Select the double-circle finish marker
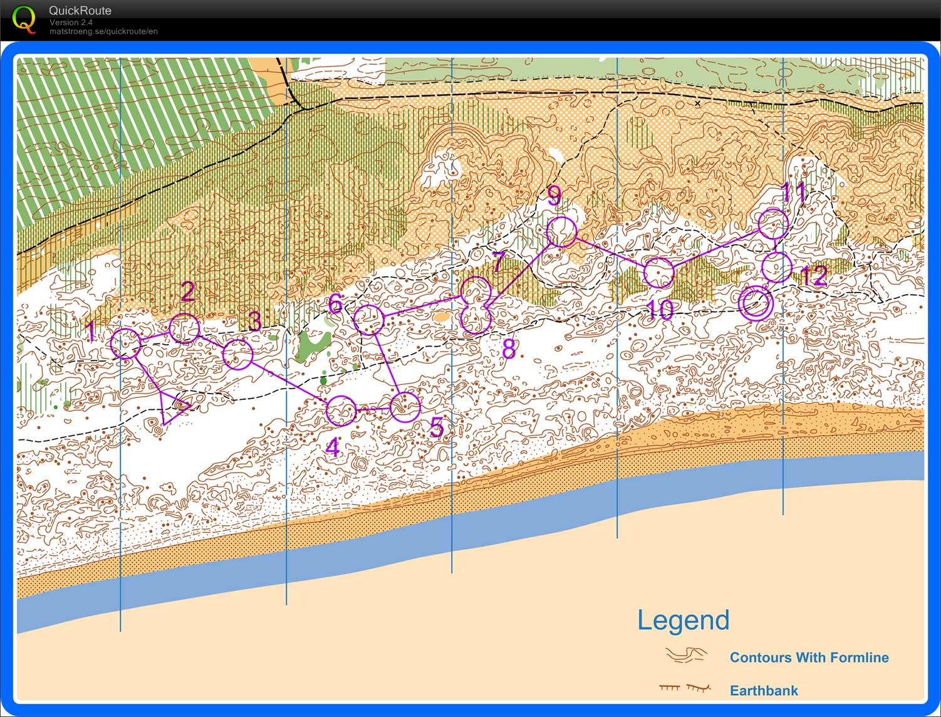[756, 303]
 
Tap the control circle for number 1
[126, 343]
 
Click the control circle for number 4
[341, 411]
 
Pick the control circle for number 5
[405, 407]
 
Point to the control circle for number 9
[561, 233]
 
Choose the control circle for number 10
[659, 273]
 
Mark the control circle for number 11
[773, 224]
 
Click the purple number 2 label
[187, 291]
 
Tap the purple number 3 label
[254, 322]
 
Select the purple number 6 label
[335, 304]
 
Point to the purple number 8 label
[509, 349]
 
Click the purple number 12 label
[814, 276]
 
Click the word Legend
[683, 620]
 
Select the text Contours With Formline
[809, 657]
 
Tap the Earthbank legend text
[764, 691]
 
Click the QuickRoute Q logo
[24, 19]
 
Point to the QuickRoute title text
[80, 11]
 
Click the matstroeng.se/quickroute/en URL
[103, 31]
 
